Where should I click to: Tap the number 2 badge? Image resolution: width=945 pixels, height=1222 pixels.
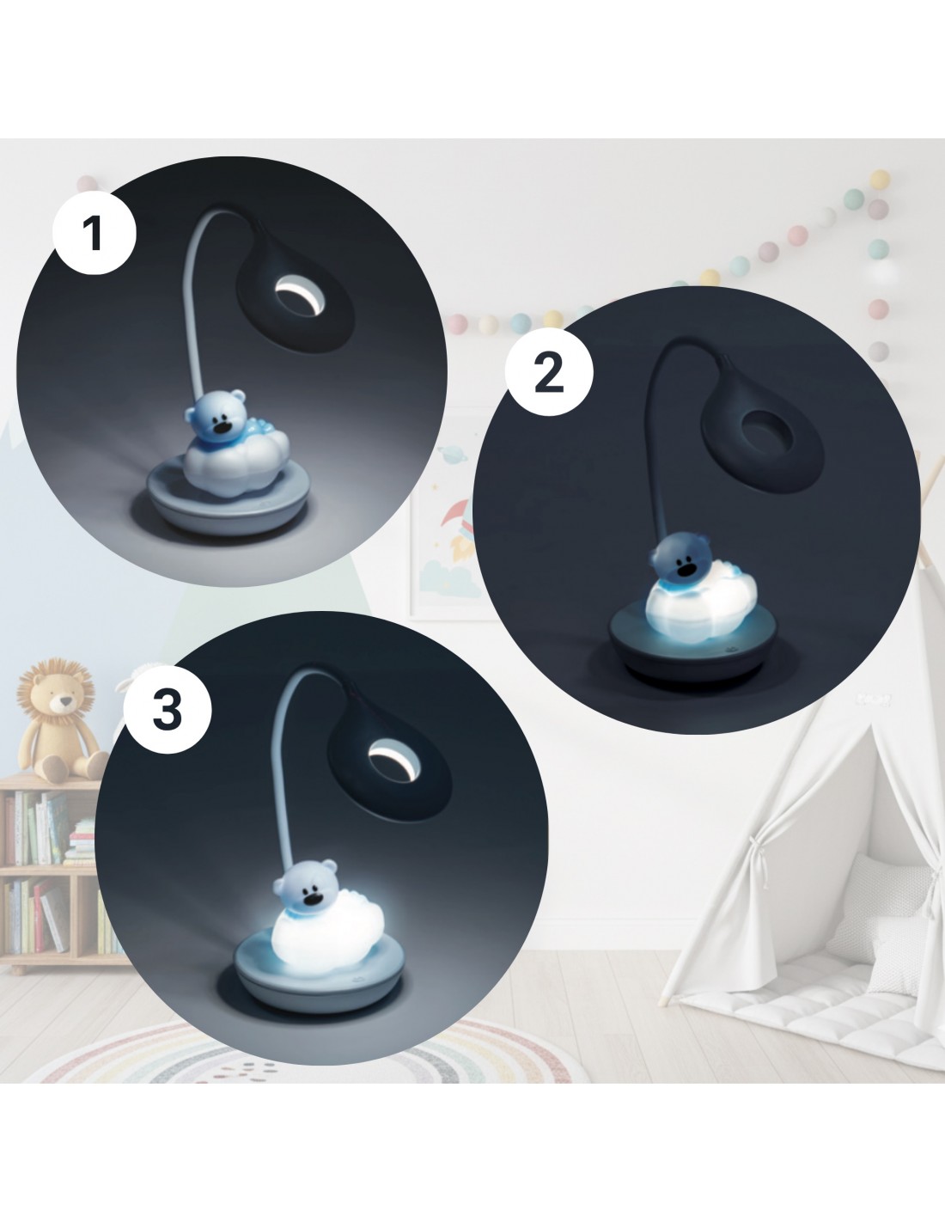point(549,373)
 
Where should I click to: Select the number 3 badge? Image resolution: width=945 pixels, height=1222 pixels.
point(168,709)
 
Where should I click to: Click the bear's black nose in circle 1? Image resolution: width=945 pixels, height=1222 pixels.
point(224,425)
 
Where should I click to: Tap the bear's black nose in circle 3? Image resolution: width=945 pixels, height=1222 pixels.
point(312,898)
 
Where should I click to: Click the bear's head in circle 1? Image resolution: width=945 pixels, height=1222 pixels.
point(217,416)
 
